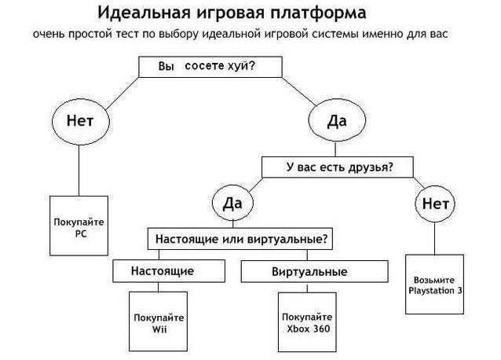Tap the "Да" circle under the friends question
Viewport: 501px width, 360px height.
click(x=233, y=204)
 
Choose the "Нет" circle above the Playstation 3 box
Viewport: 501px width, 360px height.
click(x=434, y=204)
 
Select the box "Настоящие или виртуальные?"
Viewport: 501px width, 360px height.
click(x=241, y=237)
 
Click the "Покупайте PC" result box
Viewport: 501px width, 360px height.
click(x=79, y=227)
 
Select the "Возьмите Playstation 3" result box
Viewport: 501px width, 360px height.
click(x=435, y=284)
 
